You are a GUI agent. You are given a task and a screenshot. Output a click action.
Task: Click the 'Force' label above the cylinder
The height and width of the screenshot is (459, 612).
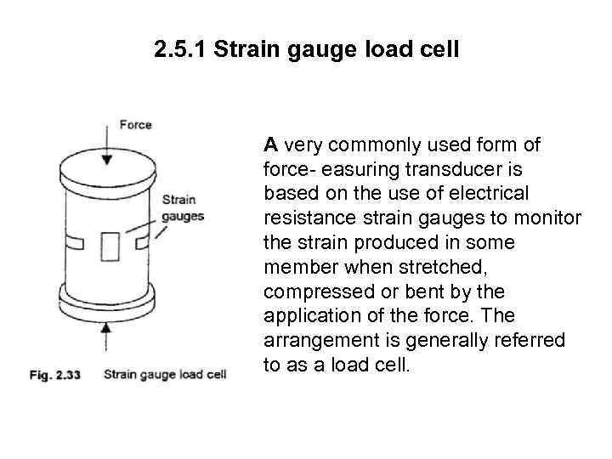[x=135, y=124]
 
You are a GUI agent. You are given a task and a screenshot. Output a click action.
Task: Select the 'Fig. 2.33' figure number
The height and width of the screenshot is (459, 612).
[x=53, y=374]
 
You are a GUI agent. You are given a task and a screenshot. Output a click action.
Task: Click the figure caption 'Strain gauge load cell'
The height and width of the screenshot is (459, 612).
[x=165, y=374]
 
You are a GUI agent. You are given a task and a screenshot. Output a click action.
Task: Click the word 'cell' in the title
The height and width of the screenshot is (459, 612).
[x=437, y=50]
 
